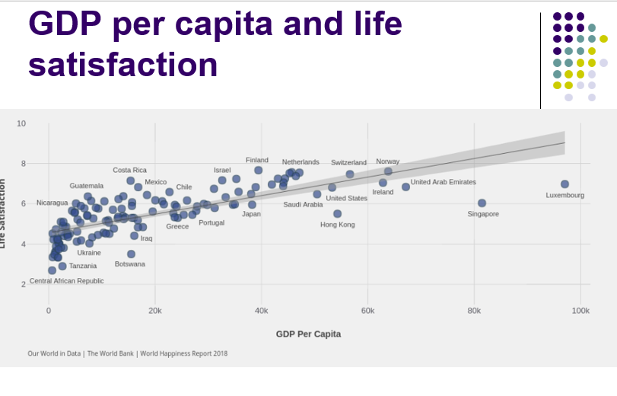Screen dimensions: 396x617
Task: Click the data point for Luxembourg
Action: (565, 184)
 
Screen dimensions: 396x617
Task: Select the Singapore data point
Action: (482, 203)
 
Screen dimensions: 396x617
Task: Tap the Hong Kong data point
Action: (337, 214)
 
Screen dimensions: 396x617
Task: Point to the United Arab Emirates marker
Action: (406, 187)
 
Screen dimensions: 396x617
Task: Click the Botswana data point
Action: (131, 254)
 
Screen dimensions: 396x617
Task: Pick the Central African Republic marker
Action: (52, 270)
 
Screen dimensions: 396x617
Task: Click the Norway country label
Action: (387, 161)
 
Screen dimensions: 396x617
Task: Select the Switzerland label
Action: (348, 163)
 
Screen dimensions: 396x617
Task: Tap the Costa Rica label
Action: (130, 171)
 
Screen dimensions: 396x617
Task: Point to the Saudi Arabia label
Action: (303, 205)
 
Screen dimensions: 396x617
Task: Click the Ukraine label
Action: (89, 253)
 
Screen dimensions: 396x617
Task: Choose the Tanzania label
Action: (83, 267)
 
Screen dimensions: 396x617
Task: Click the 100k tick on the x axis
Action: (580, 311)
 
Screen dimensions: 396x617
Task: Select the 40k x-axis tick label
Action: (261, 311)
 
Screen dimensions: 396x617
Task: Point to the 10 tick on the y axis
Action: (21, 123)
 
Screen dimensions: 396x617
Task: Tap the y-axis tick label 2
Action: (23, 284)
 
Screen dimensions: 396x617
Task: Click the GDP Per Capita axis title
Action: (308, 334)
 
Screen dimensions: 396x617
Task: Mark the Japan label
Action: (251, 214)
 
